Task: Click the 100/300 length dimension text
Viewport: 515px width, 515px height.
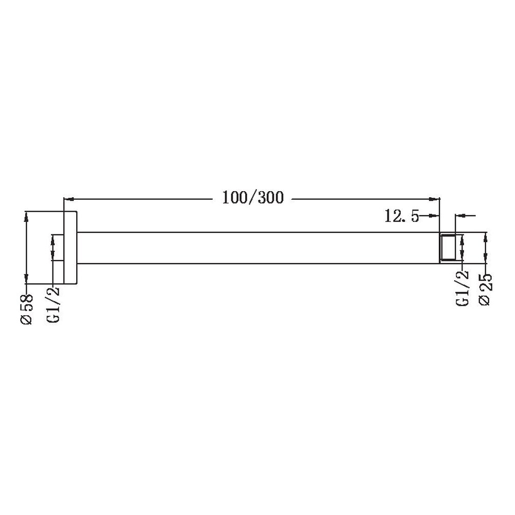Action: [x=252, y=198]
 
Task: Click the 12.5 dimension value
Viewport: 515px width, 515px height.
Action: [x=402, y=216]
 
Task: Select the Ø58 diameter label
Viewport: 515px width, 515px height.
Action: [x=27, y=309]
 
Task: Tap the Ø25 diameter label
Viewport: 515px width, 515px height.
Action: [x=486, y=289]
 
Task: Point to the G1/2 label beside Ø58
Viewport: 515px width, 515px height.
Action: [x=53, y=304]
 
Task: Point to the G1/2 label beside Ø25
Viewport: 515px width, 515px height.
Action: [x=462, y=288]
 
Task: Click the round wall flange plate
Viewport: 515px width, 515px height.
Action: [x=70, y=247]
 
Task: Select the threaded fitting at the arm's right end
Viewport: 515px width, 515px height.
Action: [x=448, y=248]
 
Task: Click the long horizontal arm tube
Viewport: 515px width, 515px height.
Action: [x=258, y=248]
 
